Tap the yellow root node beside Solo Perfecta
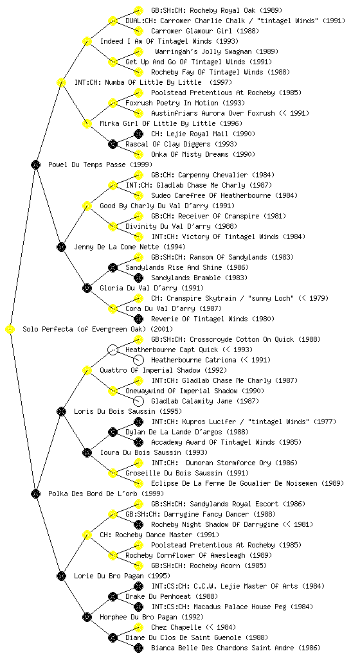pos(10,330)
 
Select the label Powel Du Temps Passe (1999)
pos(100,165)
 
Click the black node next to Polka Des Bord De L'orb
pos(35,494)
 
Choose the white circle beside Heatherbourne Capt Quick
pos(113,350)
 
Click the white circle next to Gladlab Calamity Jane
pos(138,401)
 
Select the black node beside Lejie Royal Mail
pos(138,134)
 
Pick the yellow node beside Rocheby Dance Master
pos(87,535)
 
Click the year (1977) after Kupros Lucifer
pos(325,422)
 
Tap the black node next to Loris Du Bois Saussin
pos(61,412)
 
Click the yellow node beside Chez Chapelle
pos(138,627)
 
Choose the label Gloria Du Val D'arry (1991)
pos(152,289)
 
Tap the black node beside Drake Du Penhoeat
pos(113,596)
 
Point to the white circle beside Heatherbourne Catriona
pos(138,360)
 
